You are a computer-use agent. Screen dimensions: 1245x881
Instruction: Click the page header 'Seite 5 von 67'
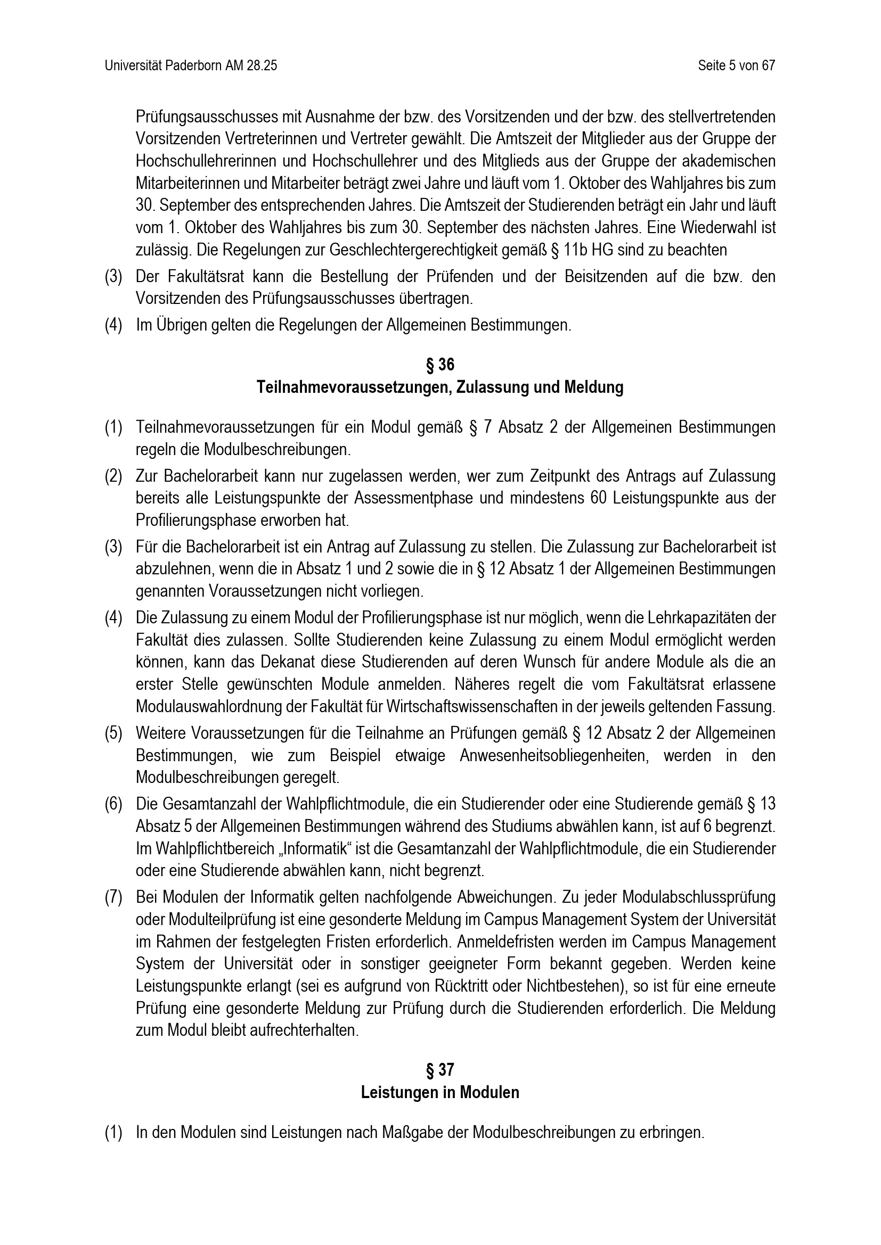click(x=736, y=65)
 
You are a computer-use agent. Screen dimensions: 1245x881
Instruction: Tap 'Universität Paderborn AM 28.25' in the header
click(x=191, y=65)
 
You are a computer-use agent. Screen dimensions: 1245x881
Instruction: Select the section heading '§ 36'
click(x=440, y=365)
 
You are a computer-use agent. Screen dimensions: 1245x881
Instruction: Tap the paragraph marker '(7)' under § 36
click(x=113, y=897)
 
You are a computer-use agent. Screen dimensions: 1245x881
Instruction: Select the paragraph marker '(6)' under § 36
click(x=113, y=804)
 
